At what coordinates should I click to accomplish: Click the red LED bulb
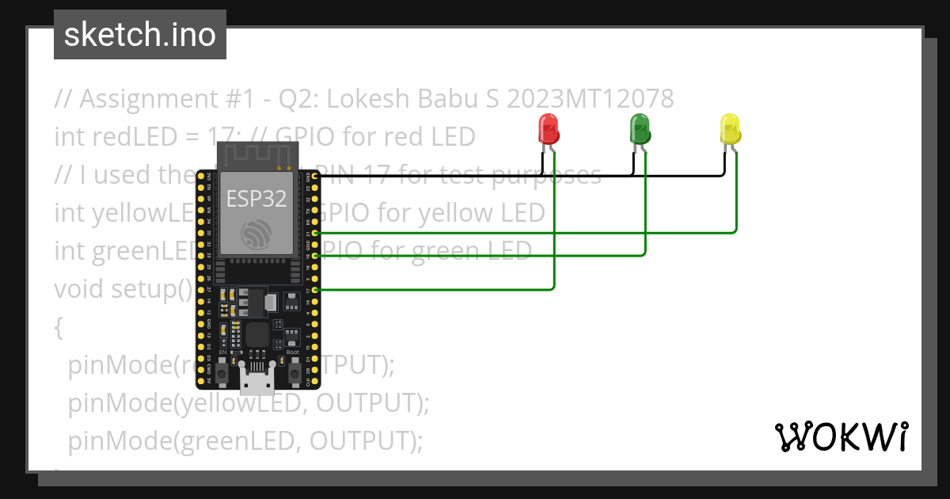(547, 127)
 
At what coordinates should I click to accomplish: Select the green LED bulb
(639, 127)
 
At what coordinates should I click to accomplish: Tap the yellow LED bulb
(730, 127)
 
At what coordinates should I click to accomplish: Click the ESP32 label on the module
(256, 198)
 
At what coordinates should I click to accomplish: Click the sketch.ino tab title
(140, 35)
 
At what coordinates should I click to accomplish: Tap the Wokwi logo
(841, 436)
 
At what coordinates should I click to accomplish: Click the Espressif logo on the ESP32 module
(256, 235)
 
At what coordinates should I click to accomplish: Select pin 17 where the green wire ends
(316, 291)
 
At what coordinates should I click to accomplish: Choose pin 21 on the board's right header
(316, 233)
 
